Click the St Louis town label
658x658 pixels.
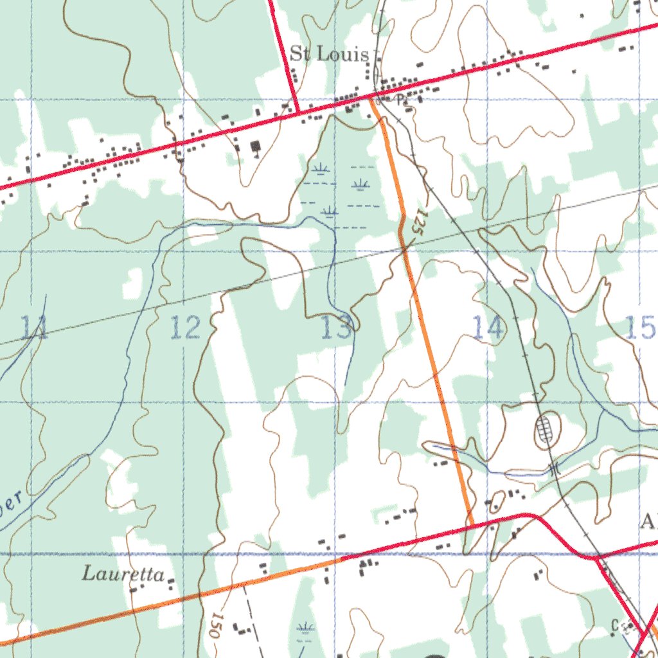pyautogui.click(x=329, y=53)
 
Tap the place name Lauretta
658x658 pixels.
pyautogui.click(x=123, y=574)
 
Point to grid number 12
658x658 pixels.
pyautogui.click(x=185, y=328)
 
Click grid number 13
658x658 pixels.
pyautogui.click(x=337, y=328)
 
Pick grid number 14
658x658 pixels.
pyautogui.click(x=488, y=328)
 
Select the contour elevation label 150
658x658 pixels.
pyautogui.click(x=216, y=625)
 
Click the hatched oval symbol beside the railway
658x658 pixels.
pyautogui.click(x=546, y=431)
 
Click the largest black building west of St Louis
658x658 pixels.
pyautogui.click(x=256, y=148)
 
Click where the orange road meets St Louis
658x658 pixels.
pyautogui.click(x=371, y=99)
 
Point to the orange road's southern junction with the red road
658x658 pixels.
pyautogui.click(x=471, y=526)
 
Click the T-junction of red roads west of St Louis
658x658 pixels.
pyautogui.click(x=298, y=114)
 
